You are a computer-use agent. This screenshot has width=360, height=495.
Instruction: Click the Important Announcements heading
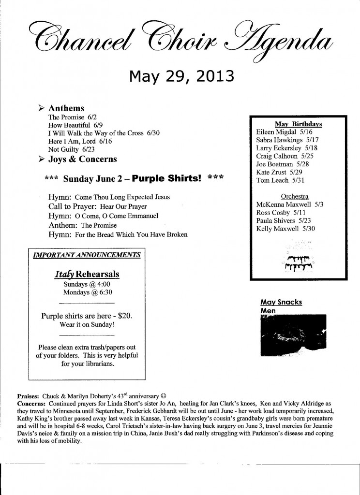coord(87,254)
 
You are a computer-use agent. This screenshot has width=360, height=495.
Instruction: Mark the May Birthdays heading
coord(298,124)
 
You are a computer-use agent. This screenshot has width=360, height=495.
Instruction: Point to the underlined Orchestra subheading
coord(294,196)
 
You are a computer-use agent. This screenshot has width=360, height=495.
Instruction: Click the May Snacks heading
coord(281,302)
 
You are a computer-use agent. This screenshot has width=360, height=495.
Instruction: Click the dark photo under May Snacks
coord(293,333)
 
